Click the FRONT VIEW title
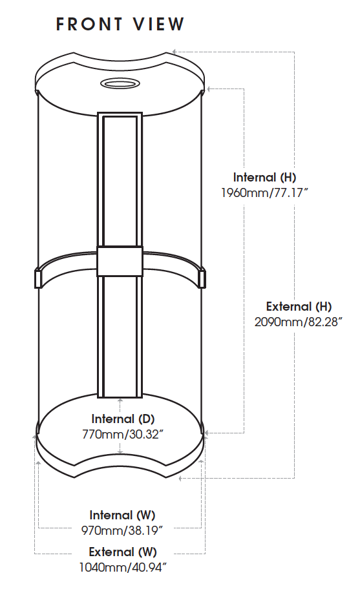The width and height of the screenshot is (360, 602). tap(120, 24)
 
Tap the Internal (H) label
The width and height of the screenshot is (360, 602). tap(264, 178)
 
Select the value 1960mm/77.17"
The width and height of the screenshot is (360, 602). tap(264, 192)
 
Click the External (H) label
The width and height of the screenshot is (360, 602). tap(299, 306)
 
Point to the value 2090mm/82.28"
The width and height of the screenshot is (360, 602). tap(298, 322)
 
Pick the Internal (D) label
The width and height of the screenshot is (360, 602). tap(123, 419)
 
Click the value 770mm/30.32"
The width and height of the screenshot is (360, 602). tap(123, 434)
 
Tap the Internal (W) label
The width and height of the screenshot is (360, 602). tap(122, 515)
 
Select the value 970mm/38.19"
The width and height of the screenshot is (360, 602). tap(122, 530)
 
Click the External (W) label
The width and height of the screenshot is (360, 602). tap(123, 552)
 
